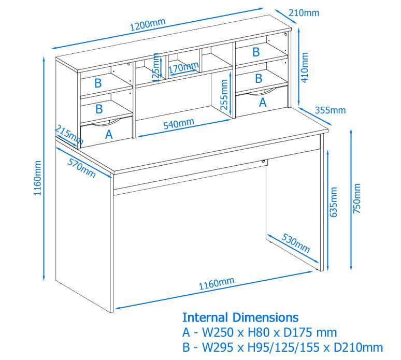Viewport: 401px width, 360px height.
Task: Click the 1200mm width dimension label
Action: [148, 24]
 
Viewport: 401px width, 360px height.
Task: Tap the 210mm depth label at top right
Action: [304, 12]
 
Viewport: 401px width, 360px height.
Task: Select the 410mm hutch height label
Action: [305, 67]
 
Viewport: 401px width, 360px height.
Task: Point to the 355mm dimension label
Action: [330, 110]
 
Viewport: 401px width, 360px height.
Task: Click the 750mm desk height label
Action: [356, 198]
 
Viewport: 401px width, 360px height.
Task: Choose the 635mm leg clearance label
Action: [333, 202]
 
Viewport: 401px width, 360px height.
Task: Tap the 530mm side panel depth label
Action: [296, 243]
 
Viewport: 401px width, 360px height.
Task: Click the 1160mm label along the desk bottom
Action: [217, 283]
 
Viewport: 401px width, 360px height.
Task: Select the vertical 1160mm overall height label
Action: [37, 178]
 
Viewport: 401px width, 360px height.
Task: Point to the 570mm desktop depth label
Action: [81, 168]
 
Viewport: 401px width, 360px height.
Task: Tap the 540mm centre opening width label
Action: [179, 124]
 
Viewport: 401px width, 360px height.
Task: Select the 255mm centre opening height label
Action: [224, 94]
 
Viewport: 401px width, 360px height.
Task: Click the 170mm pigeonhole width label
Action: [183, 67]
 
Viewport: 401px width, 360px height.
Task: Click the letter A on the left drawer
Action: [109, 134]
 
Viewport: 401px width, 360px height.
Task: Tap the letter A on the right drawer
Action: [263, 103]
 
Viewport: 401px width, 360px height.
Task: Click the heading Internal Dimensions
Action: [240, 318]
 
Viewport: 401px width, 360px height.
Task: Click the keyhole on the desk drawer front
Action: [263, 161]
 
